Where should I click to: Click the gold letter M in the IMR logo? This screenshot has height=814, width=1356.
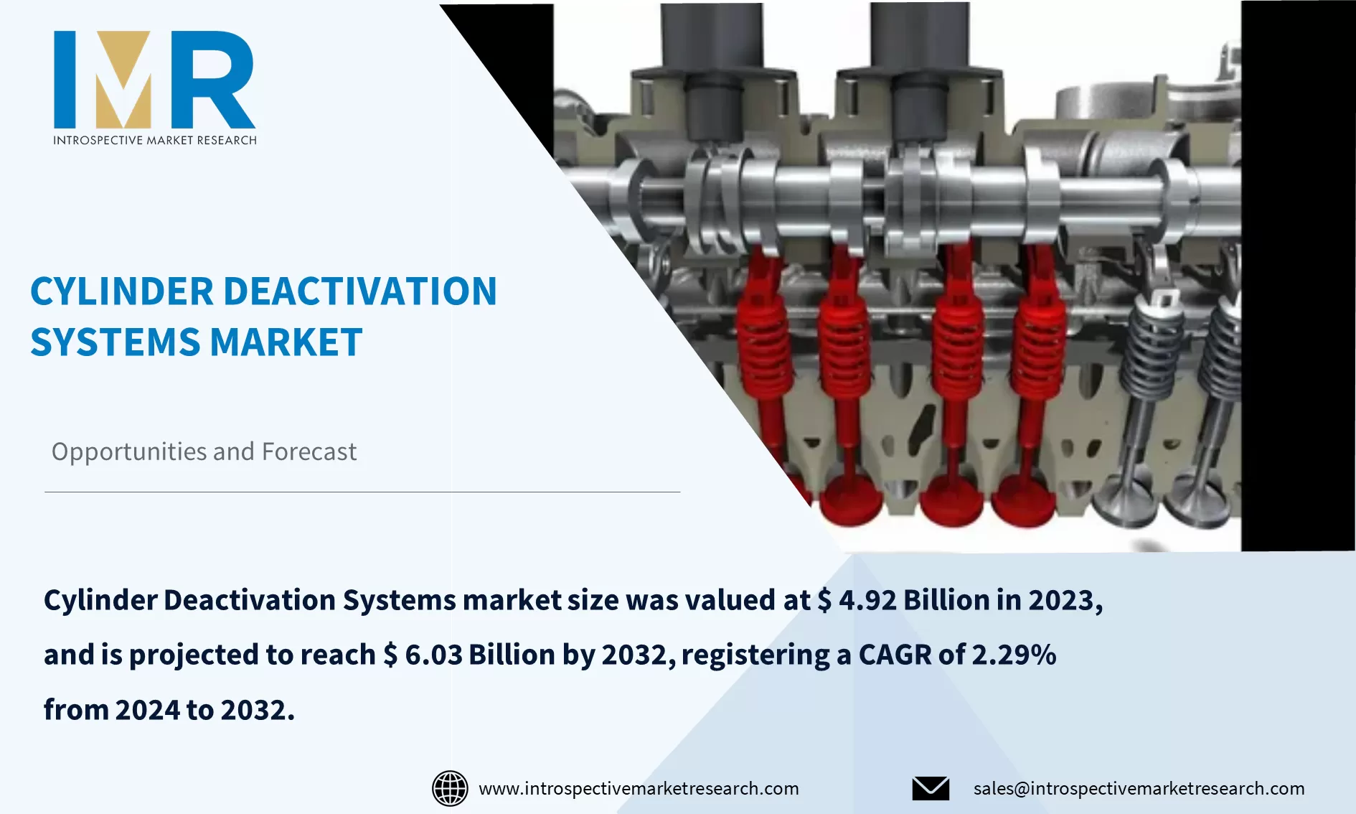coord(123,80)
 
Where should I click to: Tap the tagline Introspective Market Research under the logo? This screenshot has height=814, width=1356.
coord(154,140)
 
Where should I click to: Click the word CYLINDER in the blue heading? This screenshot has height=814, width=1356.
coord(122,291)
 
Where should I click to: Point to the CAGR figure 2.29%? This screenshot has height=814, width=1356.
coord(1014,655)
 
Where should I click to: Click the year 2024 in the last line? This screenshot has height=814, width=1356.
coord(148,710)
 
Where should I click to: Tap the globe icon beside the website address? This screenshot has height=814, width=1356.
coord(450,788)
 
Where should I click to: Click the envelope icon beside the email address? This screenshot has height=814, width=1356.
coord(931,788)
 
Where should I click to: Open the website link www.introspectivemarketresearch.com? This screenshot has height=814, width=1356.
coord(639,788)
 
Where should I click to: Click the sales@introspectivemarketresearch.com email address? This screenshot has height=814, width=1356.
coord(1139,788)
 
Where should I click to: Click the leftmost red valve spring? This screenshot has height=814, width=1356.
coord(765,345)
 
